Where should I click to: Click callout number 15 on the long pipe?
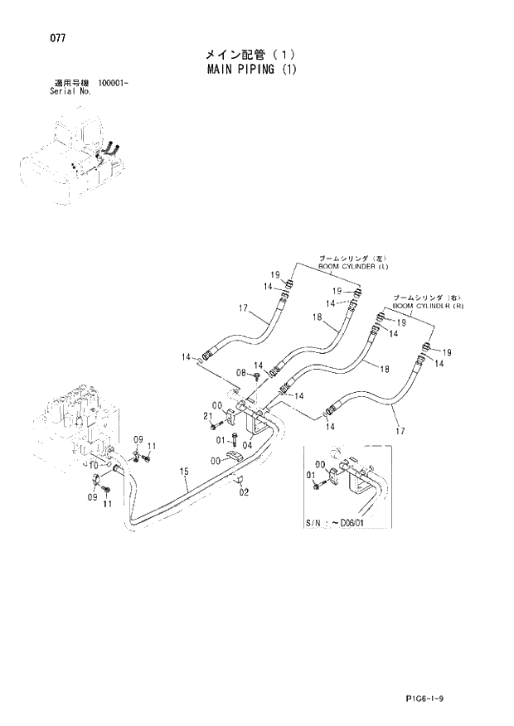click(x=185, y=472)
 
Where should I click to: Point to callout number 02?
click(x=244, y=492)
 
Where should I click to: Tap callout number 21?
click(x=209, y=416)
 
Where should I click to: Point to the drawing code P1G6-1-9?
click(x=455, y=699)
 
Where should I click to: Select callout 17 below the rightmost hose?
click(x=402, y=430)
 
